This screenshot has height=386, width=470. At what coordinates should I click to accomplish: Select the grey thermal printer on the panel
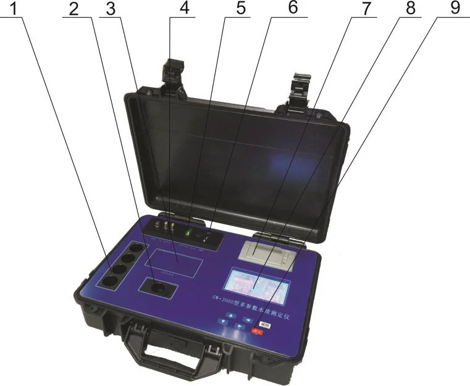[x=266, y=253]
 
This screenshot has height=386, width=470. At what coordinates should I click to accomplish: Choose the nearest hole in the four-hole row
[x=109, y=282]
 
